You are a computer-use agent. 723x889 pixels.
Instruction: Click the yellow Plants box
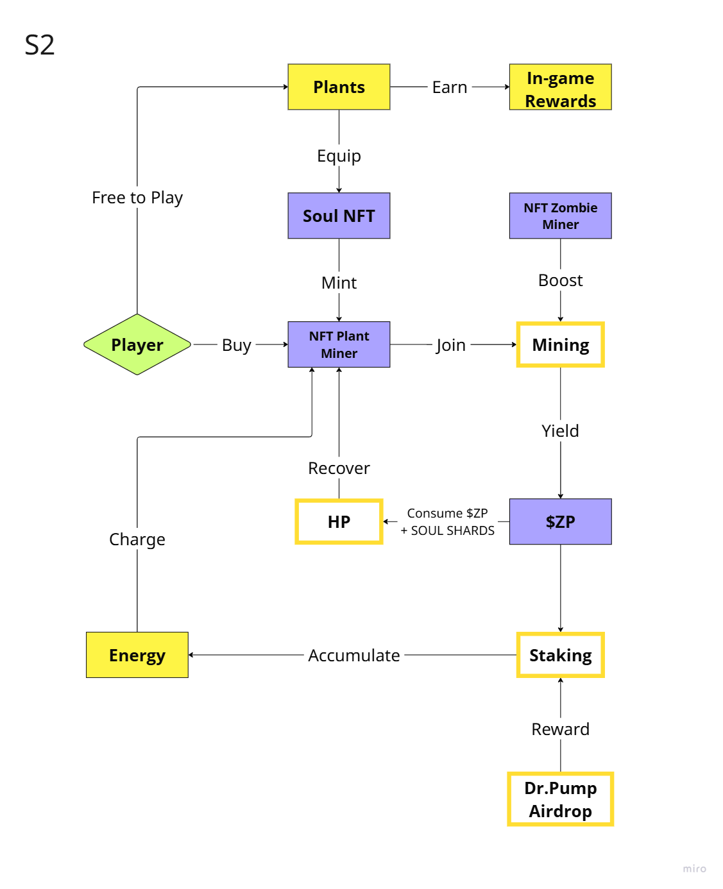[339, 87]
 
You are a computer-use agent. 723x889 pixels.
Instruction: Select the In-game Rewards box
[560, 87]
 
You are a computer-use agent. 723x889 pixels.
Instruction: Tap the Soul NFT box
[339, 216]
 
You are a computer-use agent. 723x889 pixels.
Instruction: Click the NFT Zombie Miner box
[560, 216]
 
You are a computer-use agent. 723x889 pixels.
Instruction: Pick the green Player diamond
[137, 344]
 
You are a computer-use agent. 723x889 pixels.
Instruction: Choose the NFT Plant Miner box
[339, 344]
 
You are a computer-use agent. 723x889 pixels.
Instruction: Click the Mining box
[560, 344]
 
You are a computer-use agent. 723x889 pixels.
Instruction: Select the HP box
[339, 521]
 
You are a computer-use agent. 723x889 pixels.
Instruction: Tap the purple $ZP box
[560, 521]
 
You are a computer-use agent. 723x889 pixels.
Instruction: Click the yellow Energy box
[137, 655]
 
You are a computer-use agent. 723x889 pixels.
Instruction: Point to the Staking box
[560, 655]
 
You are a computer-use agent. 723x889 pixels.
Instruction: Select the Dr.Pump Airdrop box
[560, 799]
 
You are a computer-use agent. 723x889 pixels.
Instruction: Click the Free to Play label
[137, 198]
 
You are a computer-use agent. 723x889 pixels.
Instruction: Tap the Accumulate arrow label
[353, 656]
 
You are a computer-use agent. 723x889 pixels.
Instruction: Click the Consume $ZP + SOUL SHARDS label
[448, 522]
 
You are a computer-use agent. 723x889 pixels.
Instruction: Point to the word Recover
[339, 468]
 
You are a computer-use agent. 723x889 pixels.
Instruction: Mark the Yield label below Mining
[560, 431]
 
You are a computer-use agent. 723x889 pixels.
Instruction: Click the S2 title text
[40, 45]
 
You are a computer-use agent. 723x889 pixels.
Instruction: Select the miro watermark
[694, 868]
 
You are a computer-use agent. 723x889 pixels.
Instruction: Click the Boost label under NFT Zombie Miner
[560, 280]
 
